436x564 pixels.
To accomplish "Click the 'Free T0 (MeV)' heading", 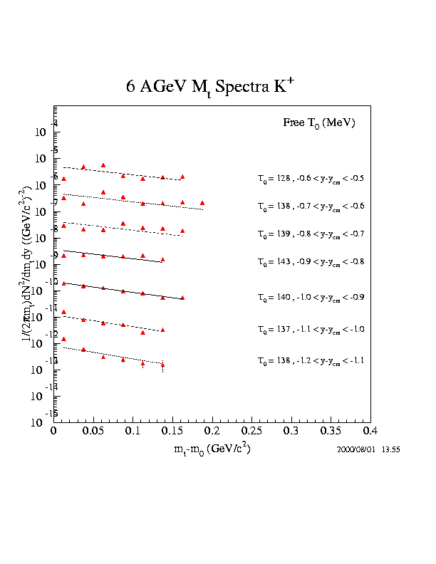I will pyautogui.click(x=318, y=123).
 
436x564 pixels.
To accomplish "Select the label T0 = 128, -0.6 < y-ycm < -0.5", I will pyautogui.click(x=311, y=178).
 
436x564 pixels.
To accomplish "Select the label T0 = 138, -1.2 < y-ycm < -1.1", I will pyautogui.click(x=311, y=361).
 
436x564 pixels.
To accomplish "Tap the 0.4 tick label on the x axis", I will pyautogui.click(x=370, y=432).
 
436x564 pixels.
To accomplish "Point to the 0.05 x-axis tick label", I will pyautogui.click(x=93, y=432).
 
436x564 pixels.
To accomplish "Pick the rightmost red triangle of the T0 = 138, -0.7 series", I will pyautogui.click(x=202, y=203).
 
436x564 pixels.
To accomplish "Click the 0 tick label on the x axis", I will pyautogui.click(x=54, y=432).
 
